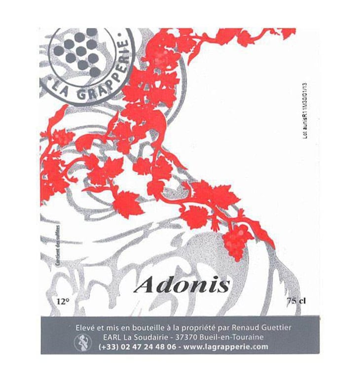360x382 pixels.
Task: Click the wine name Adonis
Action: tap(182, 285)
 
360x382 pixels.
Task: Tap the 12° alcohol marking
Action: tap(63, 301)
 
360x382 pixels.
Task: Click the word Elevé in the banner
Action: tap(84, 327)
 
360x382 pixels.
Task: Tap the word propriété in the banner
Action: tap(210, 328)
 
